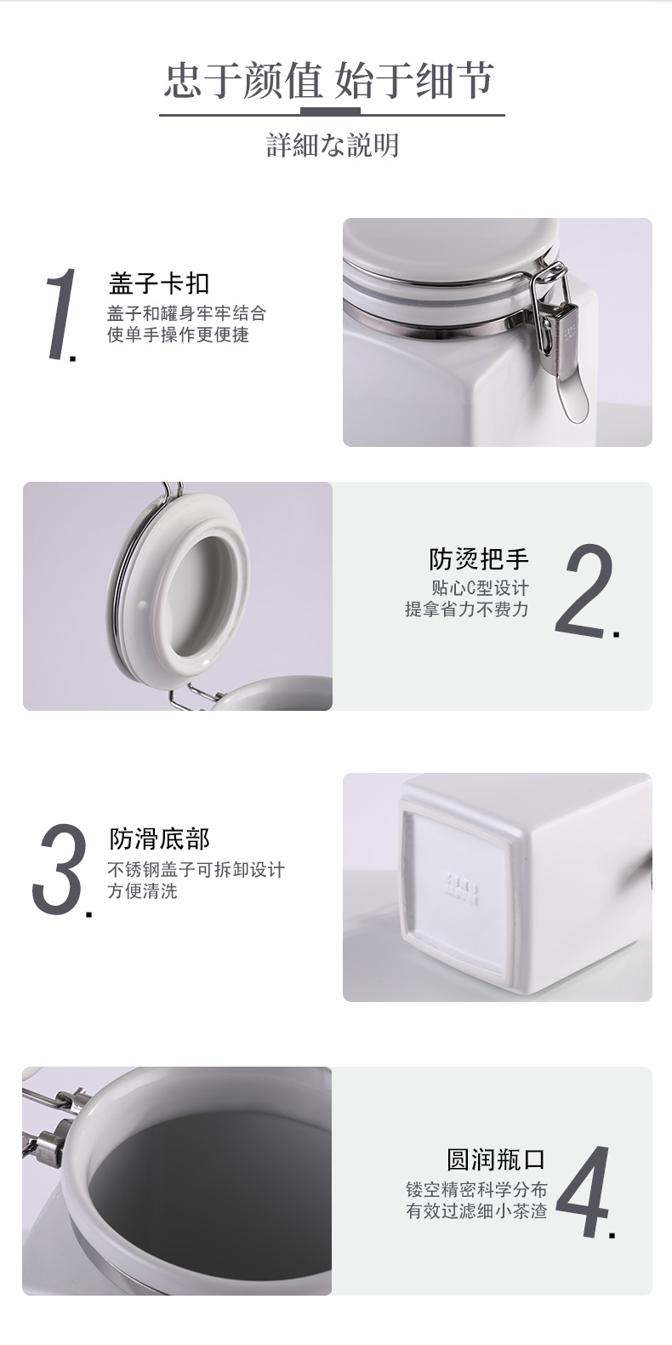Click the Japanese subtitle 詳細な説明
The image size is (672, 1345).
[333, 146]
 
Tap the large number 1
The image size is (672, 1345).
[60, 314]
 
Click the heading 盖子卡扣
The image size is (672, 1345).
[159, 283]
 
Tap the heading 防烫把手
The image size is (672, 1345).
[479, 559]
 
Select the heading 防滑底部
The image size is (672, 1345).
[159, 838]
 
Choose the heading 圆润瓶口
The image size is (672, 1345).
[496, 1159]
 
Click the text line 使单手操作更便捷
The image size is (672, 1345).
[178, 335]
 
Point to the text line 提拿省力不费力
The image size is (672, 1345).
[467, 610]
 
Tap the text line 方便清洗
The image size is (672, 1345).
[143, 890]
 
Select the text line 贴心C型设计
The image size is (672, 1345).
[480, 588]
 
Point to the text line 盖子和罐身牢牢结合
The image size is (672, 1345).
[186, 312]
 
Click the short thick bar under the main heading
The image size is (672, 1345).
[330, 111]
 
